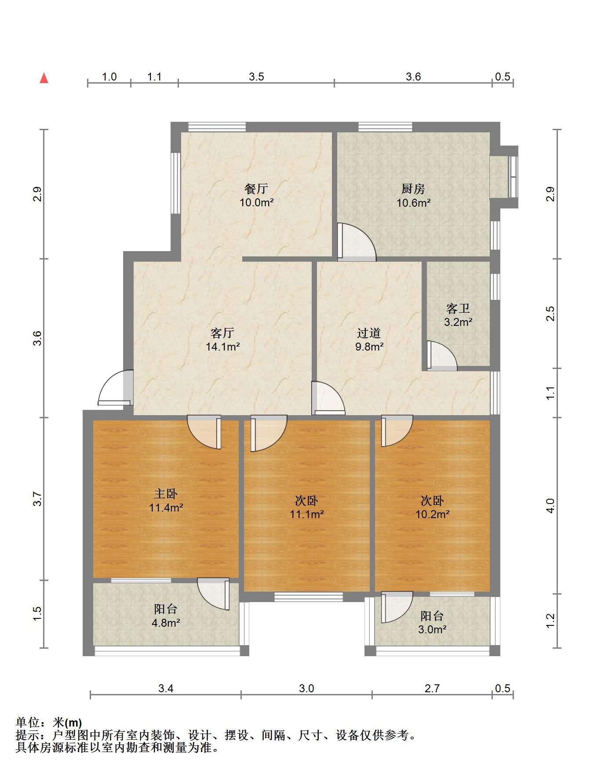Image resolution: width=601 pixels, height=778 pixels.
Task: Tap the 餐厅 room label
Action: (256, 189)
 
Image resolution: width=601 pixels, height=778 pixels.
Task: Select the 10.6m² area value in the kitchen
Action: (413, 203)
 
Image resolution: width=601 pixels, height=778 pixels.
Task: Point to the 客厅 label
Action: (222, 332)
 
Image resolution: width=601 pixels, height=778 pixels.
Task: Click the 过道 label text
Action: (369, 333)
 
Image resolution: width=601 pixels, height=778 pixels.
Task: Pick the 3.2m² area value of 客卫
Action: (458, 322)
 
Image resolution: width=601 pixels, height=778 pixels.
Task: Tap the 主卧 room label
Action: (166, 494)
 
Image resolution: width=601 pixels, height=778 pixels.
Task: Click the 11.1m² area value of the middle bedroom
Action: (307, 514)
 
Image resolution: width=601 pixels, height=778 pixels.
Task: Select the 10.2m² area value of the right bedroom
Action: (433, 514)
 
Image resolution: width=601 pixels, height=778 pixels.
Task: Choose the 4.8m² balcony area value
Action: (165, 622)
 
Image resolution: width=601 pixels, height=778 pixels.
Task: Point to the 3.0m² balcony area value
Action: (432, 629)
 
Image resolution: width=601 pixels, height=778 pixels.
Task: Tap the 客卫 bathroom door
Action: (442, 356)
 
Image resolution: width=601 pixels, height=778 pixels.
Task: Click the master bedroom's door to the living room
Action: (204, 432)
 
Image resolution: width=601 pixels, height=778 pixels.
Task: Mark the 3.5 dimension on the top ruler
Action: (256, 77)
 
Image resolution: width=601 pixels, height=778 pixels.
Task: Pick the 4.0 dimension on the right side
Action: (550, 505)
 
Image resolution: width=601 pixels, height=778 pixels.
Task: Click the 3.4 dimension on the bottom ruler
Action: (166, 688)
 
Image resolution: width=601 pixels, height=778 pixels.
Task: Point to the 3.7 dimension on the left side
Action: (37, 499)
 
